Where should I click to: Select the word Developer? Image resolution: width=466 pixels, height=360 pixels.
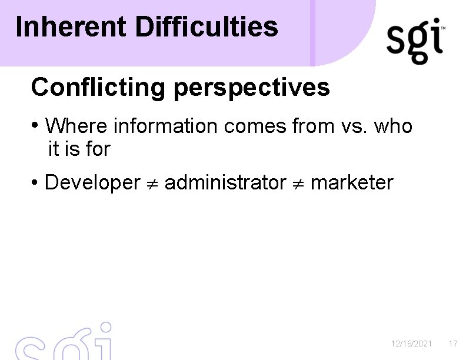(92, 183)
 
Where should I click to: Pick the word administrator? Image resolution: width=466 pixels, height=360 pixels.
(225, 183)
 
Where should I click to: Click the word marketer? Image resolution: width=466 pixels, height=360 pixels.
(351, 183)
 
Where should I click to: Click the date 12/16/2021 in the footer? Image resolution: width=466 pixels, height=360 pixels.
(412, 343)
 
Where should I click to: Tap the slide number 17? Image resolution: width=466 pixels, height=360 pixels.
(453, 343)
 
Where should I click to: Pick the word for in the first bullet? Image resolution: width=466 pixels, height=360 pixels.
(97, 149)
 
